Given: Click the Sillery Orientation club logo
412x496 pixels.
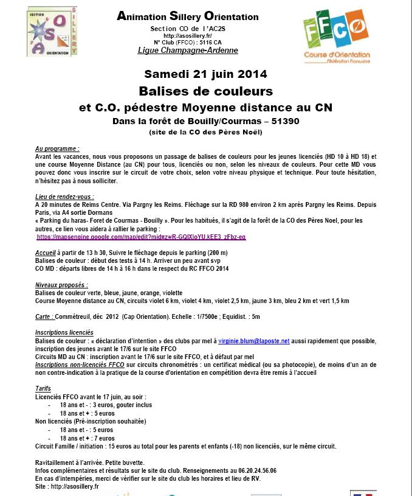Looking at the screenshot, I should (52, 32).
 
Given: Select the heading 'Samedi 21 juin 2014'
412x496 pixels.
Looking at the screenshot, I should (205, 74).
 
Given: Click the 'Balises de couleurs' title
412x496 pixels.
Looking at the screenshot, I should (205, 91).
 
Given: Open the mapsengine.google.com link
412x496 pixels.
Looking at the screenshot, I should (141, 236).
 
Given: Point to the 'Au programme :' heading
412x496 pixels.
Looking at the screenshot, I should (57, 148).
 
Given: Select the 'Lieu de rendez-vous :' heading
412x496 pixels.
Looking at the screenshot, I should (64, 197).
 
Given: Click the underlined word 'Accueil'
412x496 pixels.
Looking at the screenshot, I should (46, 253).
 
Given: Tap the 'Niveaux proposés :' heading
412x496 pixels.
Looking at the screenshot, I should (61, 284).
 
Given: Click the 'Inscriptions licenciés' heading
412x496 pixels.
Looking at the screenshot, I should (64, 332).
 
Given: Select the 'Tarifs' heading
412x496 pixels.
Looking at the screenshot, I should (43, 388).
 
